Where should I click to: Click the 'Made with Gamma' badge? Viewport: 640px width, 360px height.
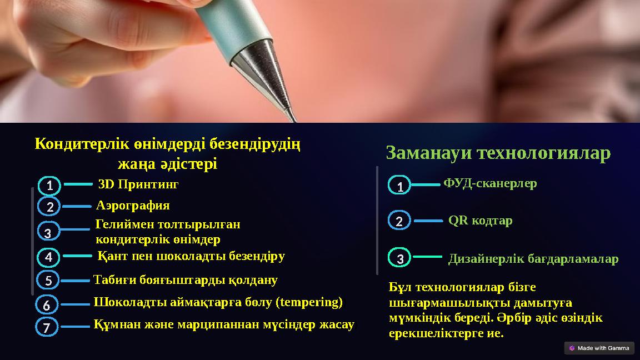(599, 348)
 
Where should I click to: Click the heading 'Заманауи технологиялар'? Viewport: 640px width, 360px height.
(498, 153)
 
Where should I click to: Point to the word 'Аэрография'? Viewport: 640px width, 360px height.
(133, 206)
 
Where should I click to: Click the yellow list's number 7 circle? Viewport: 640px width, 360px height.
(48, 327)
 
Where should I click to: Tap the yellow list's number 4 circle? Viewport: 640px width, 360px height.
(49, 257)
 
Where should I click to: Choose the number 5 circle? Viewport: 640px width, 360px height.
(49, 281)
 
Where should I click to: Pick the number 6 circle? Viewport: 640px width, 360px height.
(47, 305)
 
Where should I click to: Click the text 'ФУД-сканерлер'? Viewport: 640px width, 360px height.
(490, 183)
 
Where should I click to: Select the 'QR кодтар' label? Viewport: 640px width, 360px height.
(480, 221)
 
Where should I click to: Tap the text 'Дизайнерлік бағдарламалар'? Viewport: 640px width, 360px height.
(533, 259)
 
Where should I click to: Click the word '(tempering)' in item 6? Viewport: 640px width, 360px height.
(311, 302)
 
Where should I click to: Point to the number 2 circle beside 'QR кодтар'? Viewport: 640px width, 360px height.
(399, 221)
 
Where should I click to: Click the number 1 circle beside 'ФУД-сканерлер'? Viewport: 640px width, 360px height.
(399, 185)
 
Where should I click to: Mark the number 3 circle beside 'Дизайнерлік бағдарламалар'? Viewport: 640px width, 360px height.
(399, 258)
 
